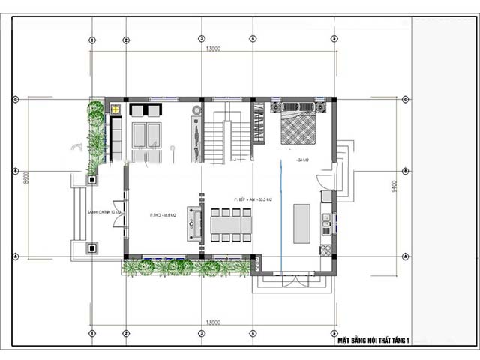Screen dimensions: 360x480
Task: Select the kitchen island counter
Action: tap(301, 223)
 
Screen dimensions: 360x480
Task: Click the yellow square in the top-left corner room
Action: tap(115, 109)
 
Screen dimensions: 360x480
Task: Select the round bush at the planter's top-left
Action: tap(95, 109)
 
